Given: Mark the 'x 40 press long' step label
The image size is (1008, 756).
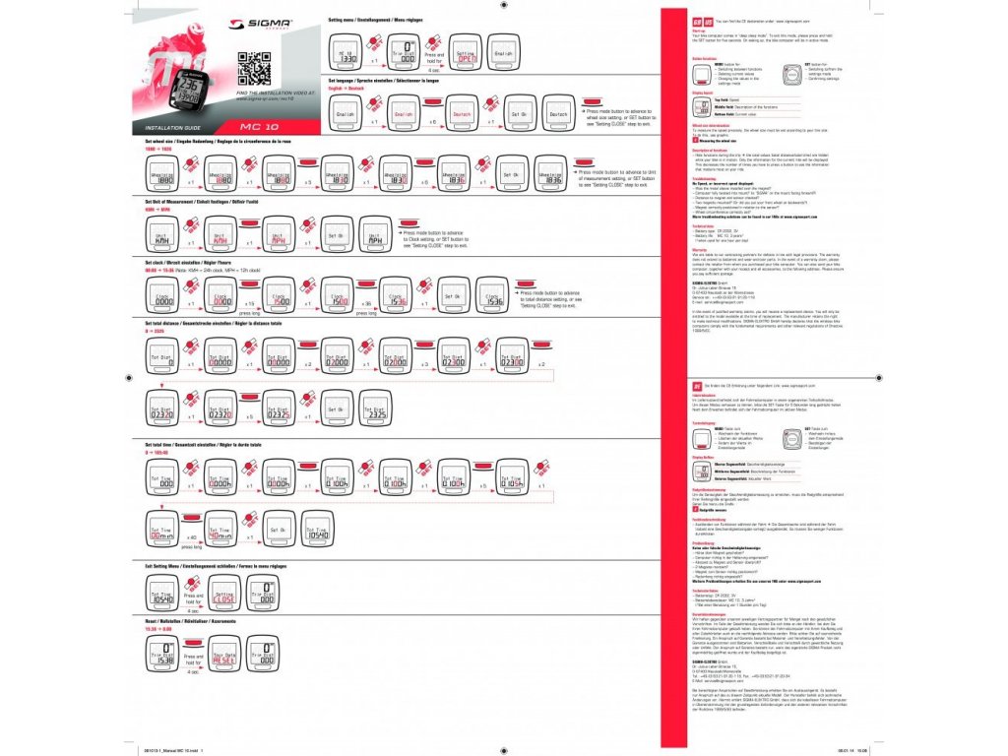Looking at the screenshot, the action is coord(193,538).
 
